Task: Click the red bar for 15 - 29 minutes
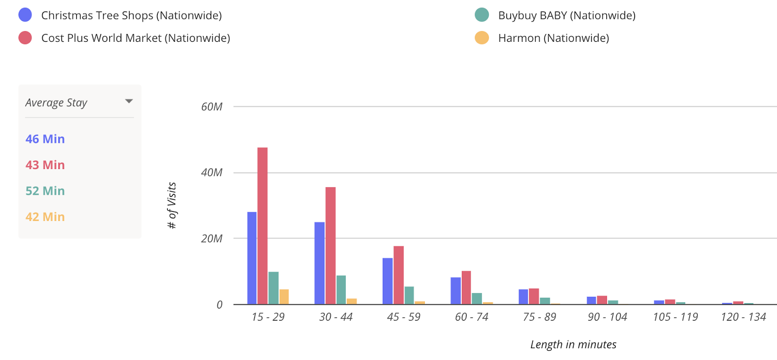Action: [x=262, y=226]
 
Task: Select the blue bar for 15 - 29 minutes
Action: [x=252, y=258]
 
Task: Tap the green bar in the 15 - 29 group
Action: [x=273, y=288]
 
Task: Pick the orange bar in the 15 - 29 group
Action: [x=284, y=297]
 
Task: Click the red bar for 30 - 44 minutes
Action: [x=330, y=246]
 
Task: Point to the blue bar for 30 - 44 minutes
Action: [x=320, y=263]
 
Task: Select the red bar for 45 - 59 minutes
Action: [x=398, y=275]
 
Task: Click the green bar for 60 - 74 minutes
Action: [x=477, y=299]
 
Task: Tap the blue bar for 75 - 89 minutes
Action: [x=523, y=297]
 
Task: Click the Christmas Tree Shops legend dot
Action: [x=25, y=15]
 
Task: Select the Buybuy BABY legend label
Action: [x=567, y=15]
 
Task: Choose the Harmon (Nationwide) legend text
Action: [x=553, y=38]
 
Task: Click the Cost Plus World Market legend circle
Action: [x=25, y=38]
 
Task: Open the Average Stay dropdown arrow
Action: [x=129, y=101]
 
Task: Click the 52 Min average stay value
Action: [x=45, y=191]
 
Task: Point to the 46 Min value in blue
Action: [x=45, y=139]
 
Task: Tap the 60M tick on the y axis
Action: [x=212, y=107]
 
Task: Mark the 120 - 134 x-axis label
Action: [x=743, y=317]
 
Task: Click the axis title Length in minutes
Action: [x=573, y=344]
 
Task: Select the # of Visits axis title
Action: [x=171, y=205]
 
